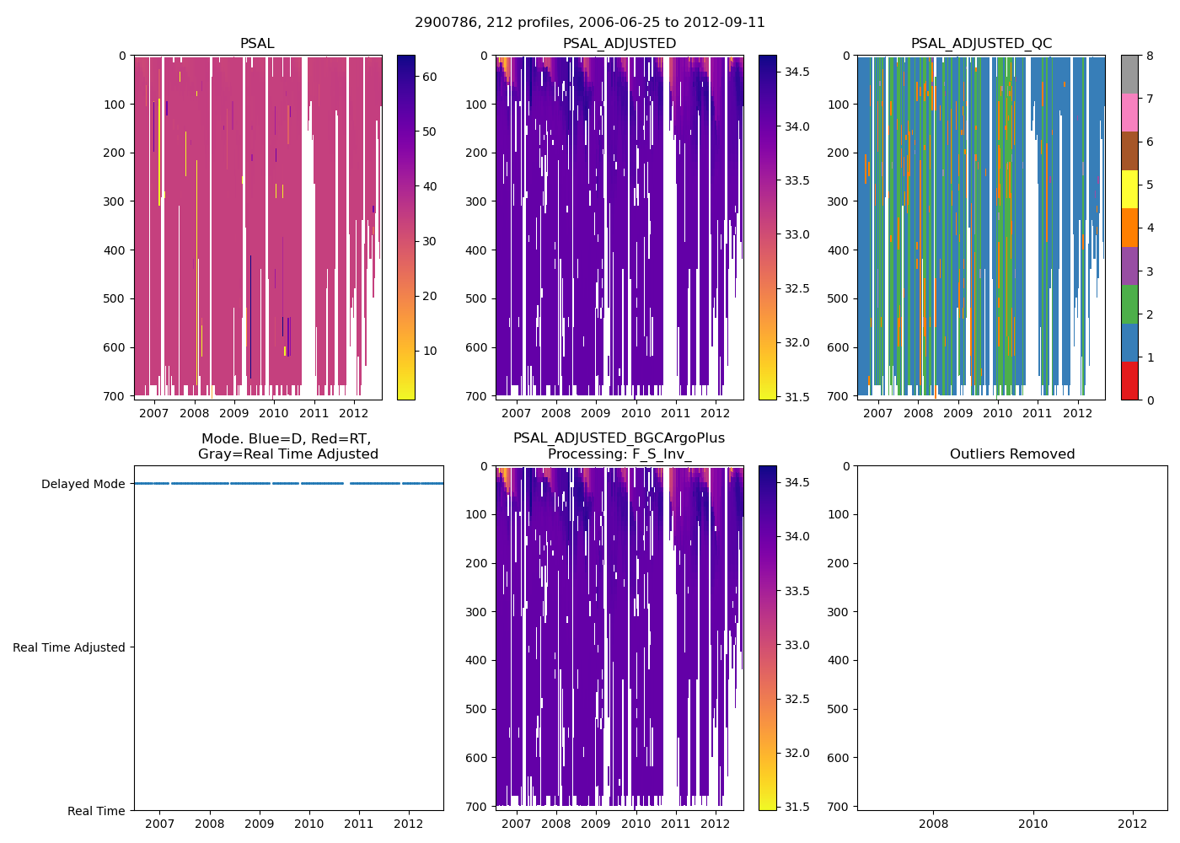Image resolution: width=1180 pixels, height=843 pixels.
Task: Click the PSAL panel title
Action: (x=257, y=44)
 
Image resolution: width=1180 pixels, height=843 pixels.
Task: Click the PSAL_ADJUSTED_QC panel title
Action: (x=981, y=44)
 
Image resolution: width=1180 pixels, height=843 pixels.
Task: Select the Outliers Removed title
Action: (x=1011, y=454)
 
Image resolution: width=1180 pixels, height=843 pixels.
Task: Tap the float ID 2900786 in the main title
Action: (x=443, y=23)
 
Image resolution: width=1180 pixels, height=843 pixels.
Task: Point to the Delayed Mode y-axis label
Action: (x=83, y=484)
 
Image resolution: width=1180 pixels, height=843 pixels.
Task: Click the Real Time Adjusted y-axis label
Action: (x=69, y=647)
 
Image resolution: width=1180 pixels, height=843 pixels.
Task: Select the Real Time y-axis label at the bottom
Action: (x=96, y=811)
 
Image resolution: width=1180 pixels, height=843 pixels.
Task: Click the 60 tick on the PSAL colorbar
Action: (x=429, y=77)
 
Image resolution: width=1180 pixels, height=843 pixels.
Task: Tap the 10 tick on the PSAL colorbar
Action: (x=429, y=351)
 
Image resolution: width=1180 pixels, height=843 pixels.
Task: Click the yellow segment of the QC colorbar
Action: (x=1129, y=189)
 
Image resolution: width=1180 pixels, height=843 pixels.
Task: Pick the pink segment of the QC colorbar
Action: (x=1129, y=112)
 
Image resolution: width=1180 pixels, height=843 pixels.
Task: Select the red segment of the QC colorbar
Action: (x=1129, y=380)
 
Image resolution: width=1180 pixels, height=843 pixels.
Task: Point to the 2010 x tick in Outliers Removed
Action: (x=1032, y=824)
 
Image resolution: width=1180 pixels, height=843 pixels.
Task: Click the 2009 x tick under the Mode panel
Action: (x=259, y=824)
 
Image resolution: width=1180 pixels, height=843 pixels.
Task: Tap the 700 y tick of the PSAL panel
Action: (x=115, y=396)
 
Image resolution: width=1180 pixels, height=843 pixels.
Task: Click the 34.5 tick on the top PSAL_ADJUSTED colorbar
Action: (x=797, y=72)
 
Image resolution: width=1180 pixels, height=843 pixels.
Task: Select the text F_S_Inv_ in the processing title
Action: (x=662, y=454)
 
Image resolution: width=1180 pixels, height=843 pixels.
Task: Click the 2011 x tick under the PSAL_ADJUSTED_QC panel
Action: (x=1037, y=413)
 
